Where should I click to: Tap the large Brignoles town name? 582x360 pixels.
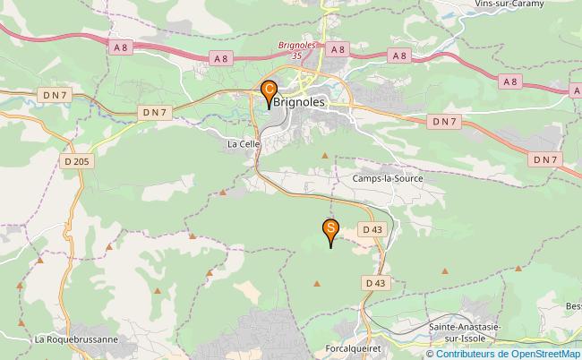coord(301,102)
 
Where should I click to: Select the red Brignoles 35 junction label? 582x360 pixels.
coord(298,49)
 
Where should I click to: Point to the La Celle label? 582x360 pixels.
coord(243,143)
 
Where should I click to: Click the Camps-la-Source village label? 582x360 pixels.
coord(386,178)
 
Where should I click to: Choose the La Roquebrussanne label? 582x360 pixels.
coord(76,340)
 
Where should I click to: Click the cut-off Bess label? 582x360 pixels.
coord(572,306)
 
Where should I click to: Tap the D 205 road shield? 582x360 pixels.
coord(77,161)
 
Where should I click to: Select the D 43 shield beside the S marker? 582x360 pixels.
coord(373,230)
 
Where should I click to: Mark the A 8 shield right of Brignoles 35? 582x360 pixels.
coord(337,51)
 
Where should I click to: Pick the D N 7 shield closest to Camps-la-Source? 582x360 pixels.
coord(444,120)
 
